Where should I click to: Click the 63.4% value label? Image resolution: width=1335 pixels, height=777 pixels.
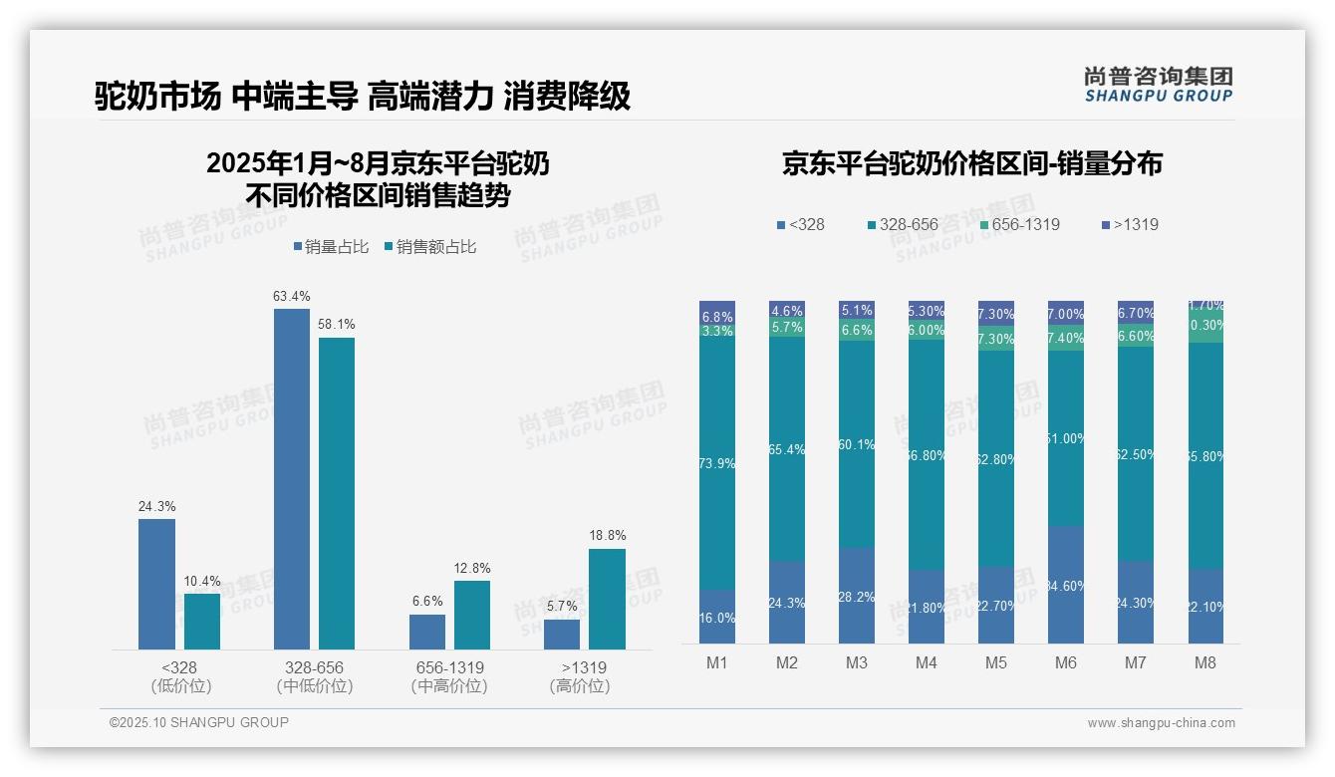292,296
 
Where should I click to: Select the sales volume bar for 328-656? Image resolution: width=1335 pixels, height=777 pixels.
292,479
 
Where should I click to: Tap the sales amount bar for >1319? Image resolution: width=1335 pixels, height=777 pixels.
607,599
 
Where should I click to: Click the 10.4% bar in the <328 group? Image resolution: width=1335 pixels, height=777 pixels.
202,622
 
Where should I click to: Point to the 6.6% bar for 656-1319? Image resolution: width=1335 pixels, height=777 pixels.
427,632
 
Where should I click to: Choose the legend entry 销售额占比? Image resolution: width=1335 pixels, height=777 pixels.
429,247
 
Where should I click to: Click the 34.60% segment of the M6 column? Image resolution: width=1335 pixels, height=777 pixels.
1065,585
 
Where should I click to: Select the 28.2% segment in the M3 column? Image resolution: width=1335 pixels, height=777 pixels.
857,596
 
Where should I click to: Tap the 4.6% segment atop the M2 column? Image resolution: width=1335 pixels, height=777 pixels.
787,310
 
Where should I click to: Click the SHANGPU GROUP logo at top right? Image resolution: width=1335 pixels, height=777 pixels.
1158,85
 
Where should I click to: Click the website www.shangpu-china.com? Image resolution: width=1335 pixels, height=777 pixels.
1161,723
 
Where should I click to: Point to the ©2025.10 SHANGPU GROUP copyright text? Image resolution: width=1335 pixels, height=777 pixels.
199,723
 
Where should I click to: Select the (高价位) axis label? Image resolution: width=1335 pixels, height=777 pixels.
580,686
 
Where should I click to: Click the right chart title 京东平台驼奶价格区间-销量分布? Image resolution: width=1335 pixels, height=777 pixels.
971,164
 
